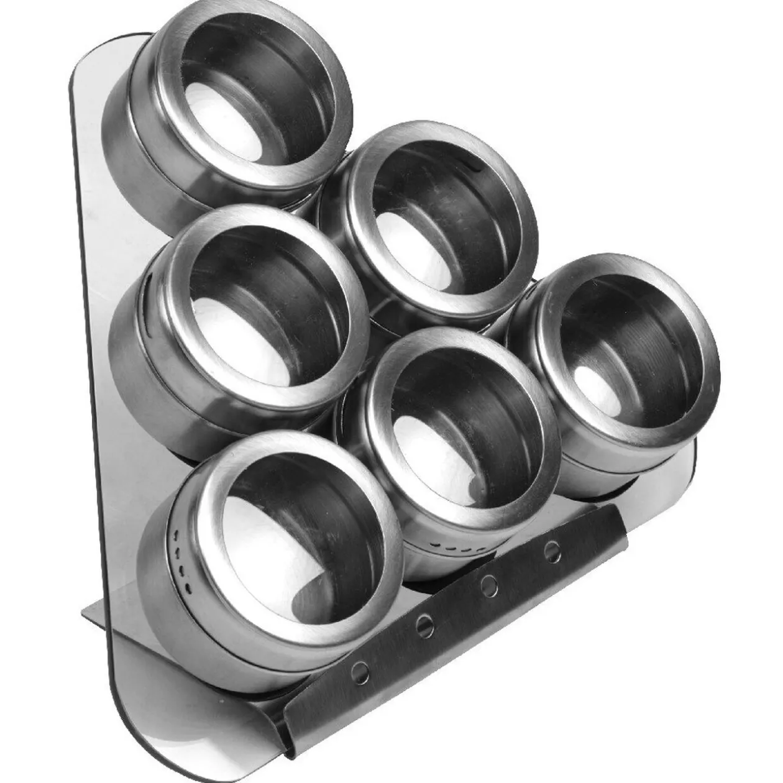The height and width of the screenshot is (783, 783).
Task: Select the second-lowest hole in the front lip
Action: click(425, 626)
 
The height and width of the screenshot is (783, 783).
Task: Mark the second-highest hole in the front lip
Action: click(489, 585)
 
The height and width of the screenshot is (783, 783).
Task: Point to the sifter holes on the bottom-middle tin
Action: click(457, 549)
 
